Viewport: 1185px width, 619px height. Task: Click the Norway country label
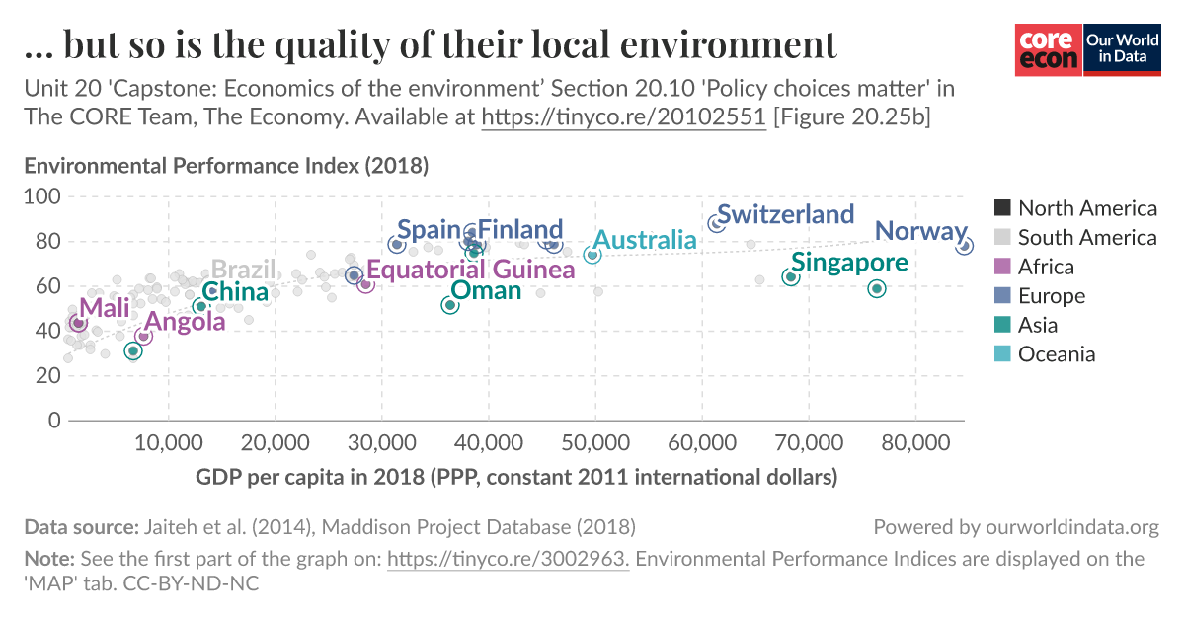(920, 232)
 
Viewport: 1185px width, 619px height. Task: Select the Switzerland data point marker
(716, 224)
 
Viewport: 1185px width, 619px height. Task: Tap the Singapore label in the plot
(849, 263)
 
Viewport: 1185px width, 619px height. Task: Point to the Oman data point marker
(450, 305)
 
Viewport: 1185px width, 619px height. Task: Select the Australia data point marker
(592, 255)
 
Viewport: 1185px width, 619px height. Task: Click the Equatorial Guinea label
(470, 270)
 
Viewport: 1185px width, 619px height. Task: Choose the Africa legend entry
(1046, 267)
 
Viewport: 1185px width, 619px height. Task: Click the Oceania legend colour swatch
(1002, 354)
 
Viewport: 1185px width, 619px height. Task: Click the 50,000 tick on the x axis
(594, 438)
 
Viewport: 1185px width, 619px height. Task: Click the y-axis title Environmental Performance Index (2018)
(226, 166)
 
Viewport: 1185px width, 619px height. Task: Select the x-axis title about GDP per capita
(516, 478)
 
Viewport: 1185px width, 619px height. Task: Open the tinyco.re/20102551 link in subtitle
(623, 117)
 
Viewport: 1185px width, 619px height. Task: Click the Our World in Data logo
(1122, 49)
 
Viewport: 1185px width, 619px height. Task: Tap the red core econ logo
(1049, 49)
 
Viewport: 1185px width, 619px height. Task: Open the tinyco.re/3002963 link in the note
(508, 559)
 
